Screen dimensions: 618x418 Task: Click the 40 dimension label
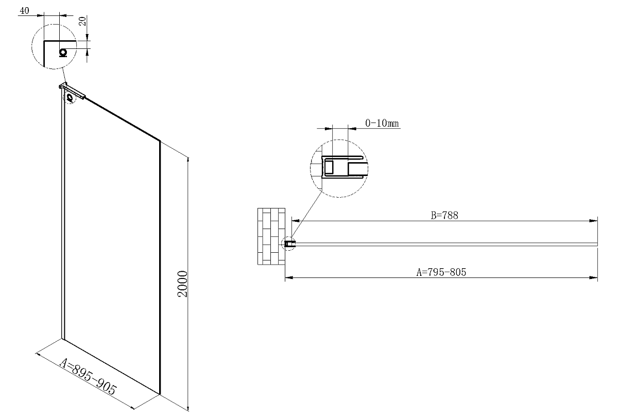(x=24, y=11)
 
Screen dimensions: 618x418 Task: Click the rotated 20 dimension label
(x=82, y=21)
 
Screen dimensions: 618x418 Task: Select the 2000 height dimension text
(x=182, y=284)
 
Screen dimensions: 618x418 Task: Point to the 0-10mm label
(x=382, y=123)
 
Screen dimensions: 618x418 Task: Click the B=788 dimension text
(x=444, y=215)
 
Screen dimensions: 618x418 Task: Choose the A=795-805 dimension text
(x=441, y=272)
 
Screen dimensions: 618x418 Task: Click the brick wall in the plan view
(x=271, y=236)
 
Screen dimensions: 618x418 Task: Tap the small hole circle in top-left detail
(x=63, y=52)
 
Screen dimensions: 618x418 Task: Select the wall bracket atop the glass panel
(x=72, y=90)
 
